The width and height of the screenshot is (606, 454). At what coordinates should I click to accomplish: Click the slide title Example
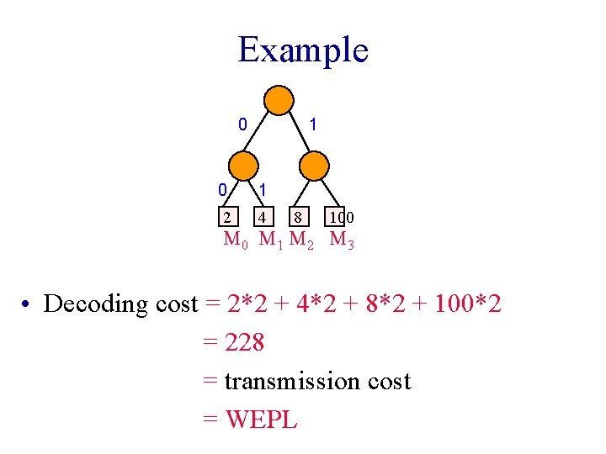coord(303,50)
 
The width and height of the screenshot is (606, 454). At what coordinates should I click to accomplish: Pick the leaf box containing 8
coord(298,217)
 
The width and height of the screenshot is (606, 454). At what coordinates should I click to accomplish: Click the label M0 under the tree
coord(236,240)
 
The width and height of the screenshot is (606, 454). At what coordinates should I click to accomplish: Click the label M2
coord(301,240)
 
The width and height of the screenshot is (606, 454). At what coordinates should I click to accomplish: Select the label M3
coord(342,240)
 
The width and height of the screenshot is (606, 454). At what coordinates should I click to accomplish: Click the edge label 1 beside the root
coord(313,124)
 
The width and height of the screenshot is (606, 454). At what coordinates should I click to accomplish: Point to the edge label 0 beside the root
coord(242,124)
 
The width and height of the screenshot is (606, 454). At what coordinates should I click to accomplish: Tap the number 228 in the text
coord(245,342)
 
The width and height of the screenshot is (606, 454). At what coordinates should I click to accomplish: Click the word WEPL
coord(261,420)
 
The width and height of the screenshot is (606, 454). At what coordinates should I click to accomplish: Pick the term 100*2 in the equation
coord(467,304)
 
